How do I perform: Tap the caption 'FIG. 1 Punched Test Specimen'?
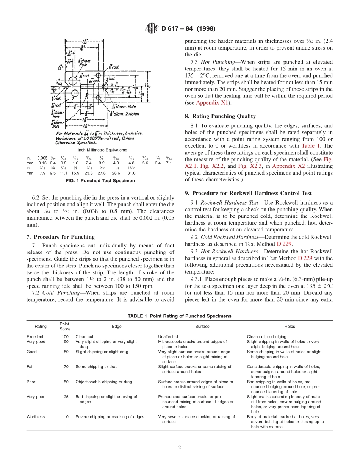click(x=100, y=181)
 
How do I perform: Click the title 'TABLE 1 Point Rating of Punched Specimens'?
click(x=179, y=316)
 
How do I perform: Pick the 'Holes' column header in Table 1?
click(x=290, y=326)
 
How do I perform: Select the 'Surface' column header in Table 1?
click(x=202, y=326)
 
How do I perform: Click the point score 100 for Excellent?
click(x=65, y=336)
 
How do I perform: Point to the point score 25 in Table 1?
click(x=66, y=397)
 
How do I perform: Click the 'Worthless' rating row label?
click(x=36, y=417)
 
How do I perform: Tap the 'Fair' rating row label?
click(x=30, y=367)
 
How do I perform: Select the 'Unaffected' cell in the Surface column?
click(x=168, y=336)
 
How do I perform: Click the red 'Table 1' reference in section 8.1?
click(x=311, y=146)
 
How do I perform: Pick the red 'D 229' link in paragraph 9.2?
click(x=284, y=244)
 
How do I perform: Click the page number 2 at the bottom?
click(x=180, y=447)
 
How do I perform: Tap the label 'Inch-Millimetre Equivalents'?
click(x=100, y=150)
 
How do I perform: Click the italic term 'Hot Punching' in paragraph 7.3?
click(x=217, y=62)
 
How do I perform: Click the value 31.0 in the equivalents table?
click(x=131, y=173)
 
